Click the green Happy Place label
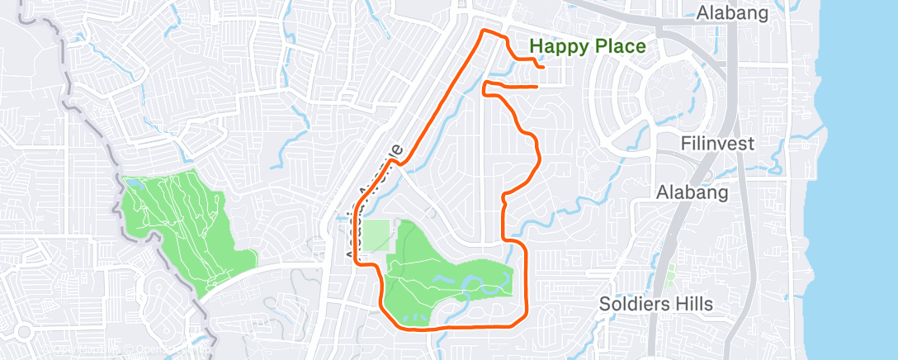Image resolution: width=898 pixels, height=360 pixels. [x=587, y=46]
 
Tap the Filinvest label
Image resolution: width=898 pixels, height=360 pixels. [x=717, y=144]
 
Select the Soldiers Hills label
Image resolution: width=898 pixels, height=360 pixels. [x=656, y=304]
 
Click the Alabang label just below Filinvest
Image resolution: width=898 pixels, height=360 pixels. [x=692, y=192]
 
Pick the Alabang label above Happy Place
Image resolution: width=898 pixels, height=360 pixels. [x=732, y=12]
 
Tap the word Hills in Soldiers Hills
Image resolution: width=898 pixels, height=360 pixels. [x=690, y=304]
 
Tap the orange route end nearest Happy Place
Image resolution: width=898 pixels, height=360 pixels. [x=541, y=66]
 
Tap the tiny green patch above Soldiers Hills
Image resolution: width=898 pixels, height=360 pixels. [x=670, y=272]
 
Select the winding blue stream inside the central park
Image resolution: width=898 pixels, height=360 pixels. [x=479, y=285]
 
